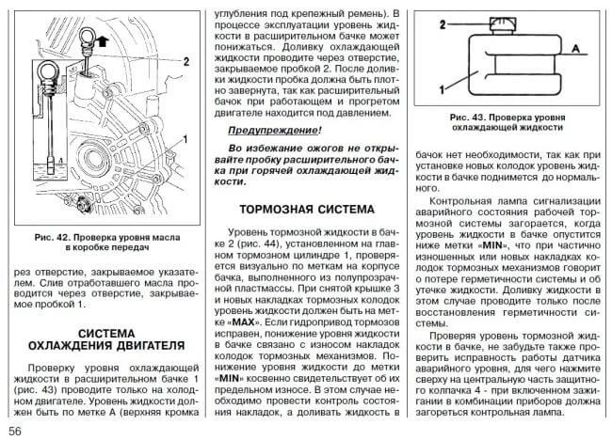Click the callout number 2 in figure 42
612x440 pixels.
click(x=187, y=59)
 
